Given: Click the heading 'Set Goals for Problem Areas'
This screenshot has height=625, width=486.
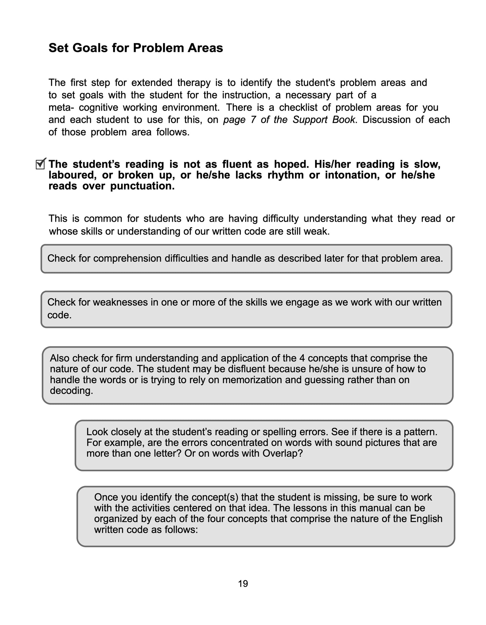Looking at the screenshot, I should [x=136, y=48].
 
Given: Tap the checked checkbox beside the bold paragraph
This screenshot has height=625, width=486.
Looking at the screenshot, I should [x=40, y=164].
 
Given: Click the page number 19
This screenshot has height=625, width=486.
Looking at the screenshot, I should [x=243, y=584].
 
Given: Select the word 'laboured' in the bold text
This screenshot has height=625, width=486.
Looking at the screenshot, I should [x=70, y=175].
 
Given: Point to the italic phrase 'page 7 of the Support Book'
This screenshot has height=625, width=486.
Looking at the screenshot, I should [x=289, y=120].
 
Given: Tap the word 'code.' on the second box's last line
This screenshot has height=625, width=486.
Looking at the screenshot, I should [x=60, y=315].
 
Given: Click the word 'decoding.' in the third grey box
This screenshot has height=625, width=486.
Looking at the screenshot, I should [x=71, y=391].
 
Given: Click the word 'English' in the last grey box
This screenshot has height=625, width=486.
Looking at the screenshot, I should [x=426, y=519].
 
